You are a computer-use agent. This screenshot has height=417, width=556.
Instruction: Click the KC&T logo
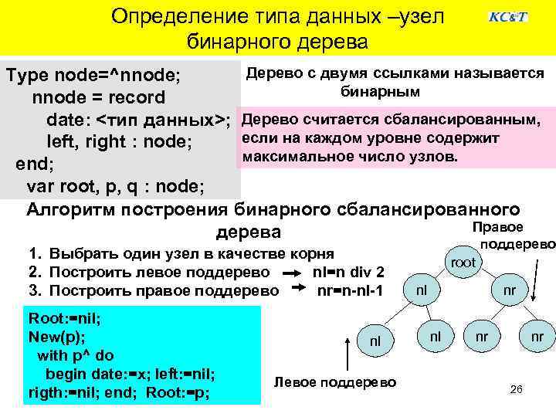coord(508,17)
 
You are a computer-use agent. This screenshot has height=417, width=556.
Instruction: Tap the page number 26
coord(517,389)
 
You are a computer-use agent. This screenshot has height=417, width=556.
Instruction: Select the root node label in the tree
coord(463,263)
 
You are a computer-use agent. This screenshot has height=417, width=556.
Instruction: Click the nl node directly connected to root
coord(421,290)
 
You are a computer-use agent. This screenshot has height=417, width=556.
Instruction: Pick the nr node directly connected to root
coord(509,290)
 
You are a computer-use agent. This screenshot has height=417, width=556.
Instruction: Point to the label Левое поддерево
coord(335,383)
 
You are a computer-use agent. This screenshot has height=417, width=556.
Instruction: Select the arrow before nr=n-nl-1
coord(298,290)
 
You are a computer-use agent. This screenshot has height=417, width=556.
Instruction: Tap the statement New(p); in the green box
coord(56,337)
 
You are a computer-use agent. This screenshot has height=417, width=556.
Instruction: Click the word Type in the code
coord(28,76)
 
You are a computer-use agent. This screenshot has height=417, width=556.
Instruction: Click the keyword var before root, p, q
coord(41,187)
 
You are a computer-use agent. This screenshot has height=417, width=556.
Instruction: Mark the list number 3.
coord(33,291)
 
